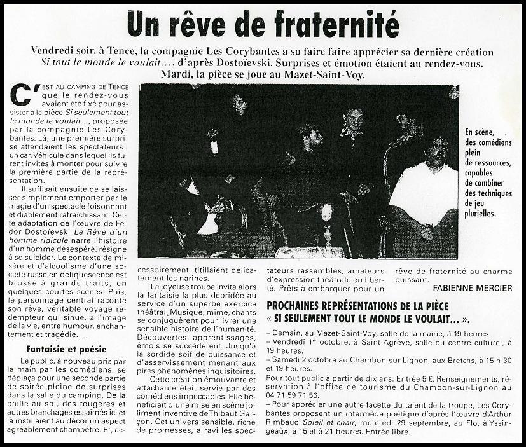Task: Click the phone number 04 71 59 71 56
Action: tap(295, 394)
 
